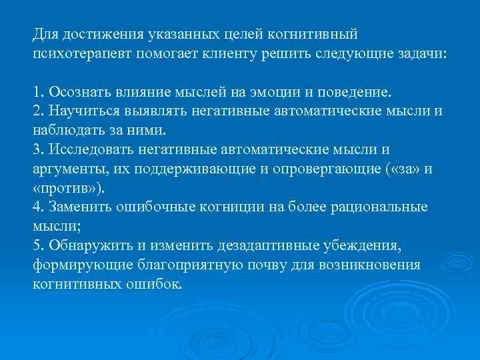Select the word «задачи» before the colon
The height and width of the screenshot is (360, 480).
click(423, 53)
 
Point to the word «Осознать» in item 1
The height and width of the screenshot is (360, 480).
click(72, 91)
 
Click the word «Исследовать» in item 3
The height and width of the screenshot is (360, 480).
click(83, 149)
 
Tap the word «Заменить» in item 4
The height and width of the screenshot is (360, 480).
click(74, 207)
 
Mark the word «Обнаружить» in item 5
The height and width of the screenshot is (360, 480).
click(81, 246)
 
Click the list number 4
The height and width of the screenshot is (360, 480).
click(37, 207)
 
